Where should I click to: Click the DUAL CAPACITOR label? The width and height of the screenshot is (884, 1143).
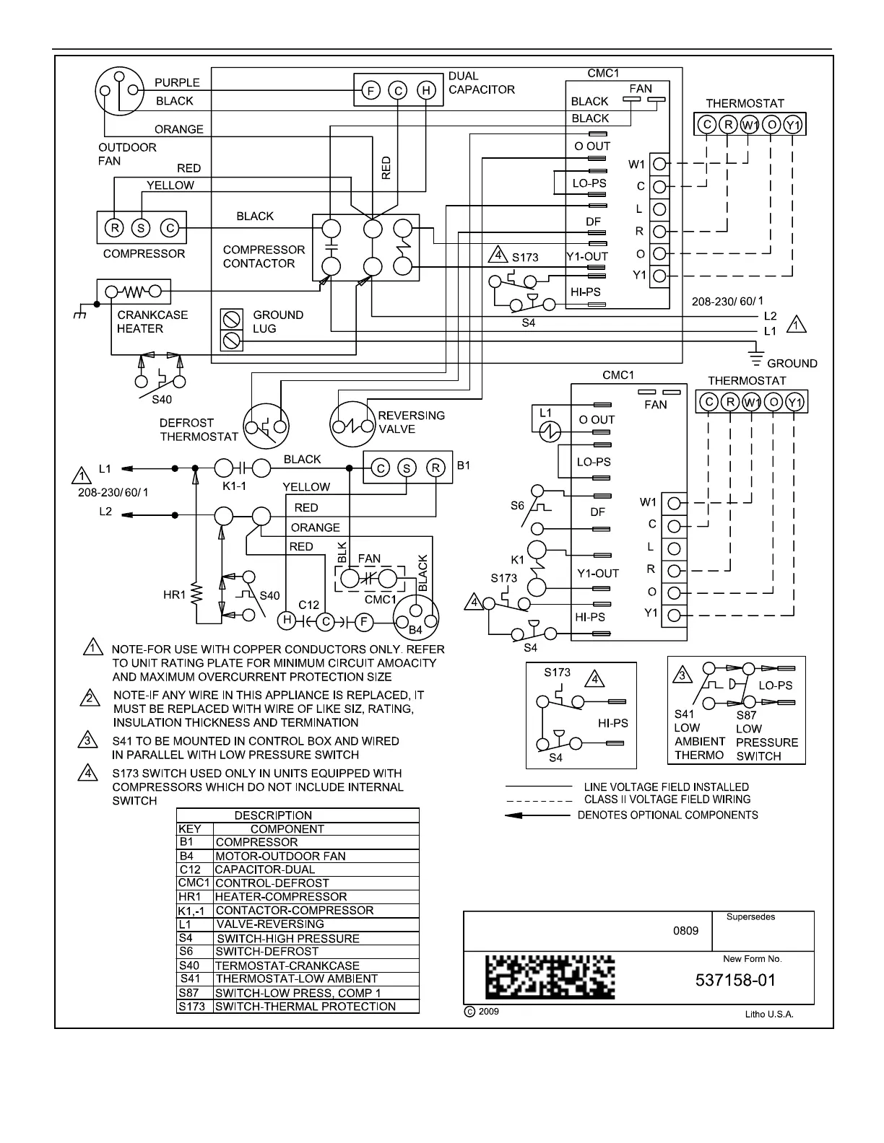[481, 83]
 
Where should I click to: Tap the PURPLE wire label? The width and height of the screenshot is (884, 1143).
[177, 82]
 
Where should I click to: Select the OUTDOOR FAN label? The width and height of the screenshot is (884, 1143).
[126, 154]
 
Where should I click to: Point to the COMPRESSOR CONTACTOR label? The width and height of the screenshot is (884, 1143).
[264, 257]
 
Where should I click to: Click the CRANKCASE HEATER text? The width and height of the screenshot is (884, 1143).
[152, 322]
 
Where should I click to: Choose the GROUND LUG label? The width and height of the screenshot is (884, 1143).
[278, 322]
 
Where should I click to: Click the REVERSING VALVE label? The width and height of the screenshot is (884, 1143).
[411, 422]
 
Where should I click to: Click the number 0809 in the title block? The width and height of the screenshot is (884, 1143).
[685, 931]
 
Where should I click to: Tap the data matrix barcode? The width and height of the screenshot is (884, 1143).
[550, 978]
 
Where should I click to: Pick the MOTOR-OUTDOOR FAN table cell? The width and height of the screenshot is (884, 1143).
[281, 856]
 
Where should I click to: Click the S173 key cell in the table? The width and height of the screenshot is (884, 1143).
[192, 1007]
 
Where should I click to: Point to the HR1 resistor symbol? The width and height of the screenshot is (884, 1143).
[196, 594]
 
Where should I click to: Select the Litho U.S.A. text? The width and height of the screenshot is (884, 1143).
[769, 1014]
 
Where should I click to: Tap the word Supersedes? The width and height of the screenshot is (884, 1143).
[750, 917]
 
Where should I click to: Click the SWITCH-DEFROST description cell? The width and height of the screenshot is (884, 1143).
[267, 952]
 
